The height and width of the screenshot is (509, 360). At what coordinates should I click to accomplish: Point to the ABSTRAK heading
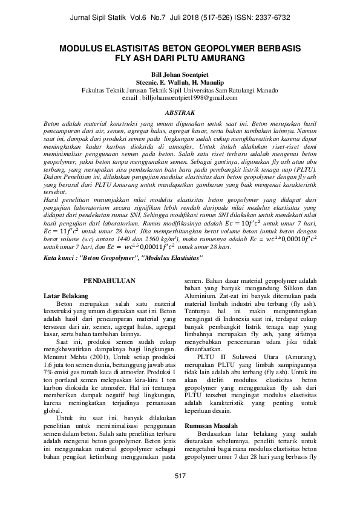(180, 112)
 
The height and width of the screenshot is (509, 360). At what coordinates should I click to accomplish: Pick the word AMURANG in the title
(221, 59)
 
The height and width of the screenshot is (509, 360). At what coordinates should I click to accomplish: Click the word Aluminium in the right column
(203, 296)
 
